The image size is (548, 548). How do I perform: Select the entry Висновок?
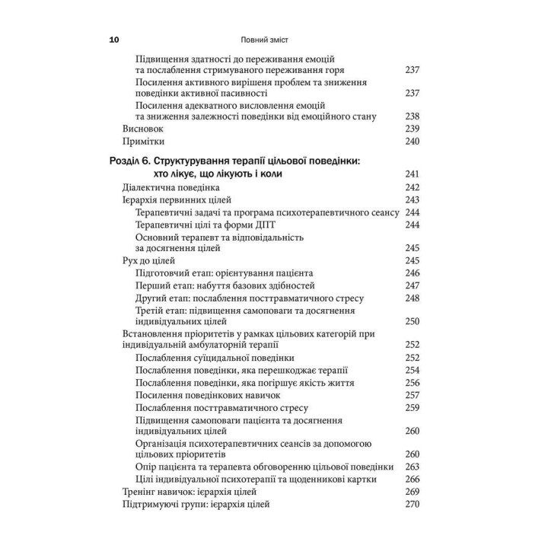coord(144,129)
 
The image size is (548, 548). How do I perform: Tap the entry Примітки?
coord(144,142)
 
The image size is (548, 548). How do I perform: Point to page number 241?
coord(413,174)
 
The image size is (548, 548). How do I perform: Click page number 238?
coord(413,116)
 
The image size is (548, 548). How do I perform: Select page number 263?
coord(413,467)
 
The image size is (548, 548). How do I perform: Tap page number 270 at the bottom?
coord(413,504)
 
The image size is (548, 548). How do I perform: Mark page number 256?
coord(413,383)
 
